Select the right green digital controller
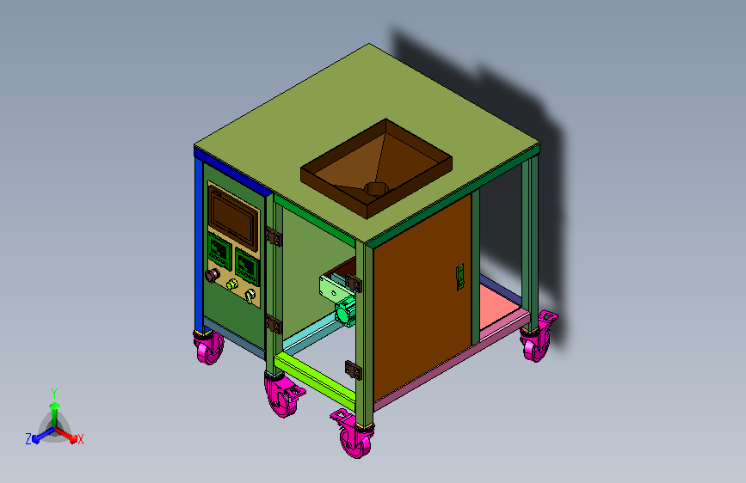(x=247, y=266)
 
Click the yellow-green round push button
(x=231, y=284)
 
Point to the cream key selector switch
(x=250, y=296)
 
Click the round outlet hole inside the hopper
(x=376, y=188)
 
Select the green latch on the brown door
(x=460, y=277)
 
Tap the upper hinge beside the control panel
(x=274, y=236)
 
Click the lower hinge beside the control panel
(x=274, y=324)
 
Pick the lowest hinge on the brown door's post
(x=354, y=370)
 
